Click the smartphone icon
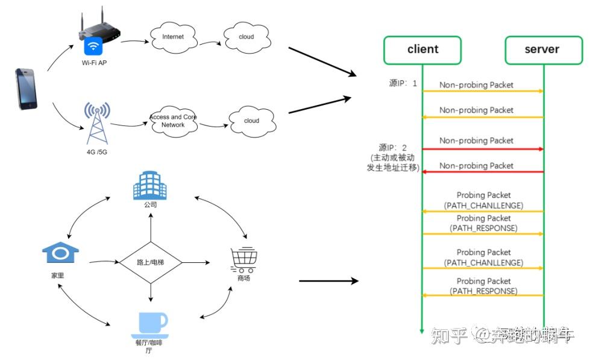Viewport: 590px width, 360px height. coord(26,89)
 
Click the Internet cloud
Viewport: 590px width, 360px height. coord(172,37)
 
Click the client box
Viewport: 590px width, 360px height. coord(422,50)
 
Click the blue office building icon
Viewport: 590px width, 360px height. coord(149,185)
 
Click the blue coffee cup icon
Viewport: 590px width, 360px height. coord(149,324)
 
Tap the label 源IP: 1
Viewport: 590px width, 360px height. coord(403,83)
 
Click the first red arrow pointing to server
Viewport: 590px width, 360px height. coord(482,149)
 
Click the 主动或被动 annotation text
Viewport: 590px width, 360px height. coord(393,157)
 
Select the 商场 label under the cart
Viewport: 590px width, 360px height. coord(243,278)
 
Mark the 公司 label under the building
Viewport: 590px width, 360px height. coord(150,205)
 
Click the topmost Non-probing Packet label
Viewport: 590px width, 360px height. coord(476,85)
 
